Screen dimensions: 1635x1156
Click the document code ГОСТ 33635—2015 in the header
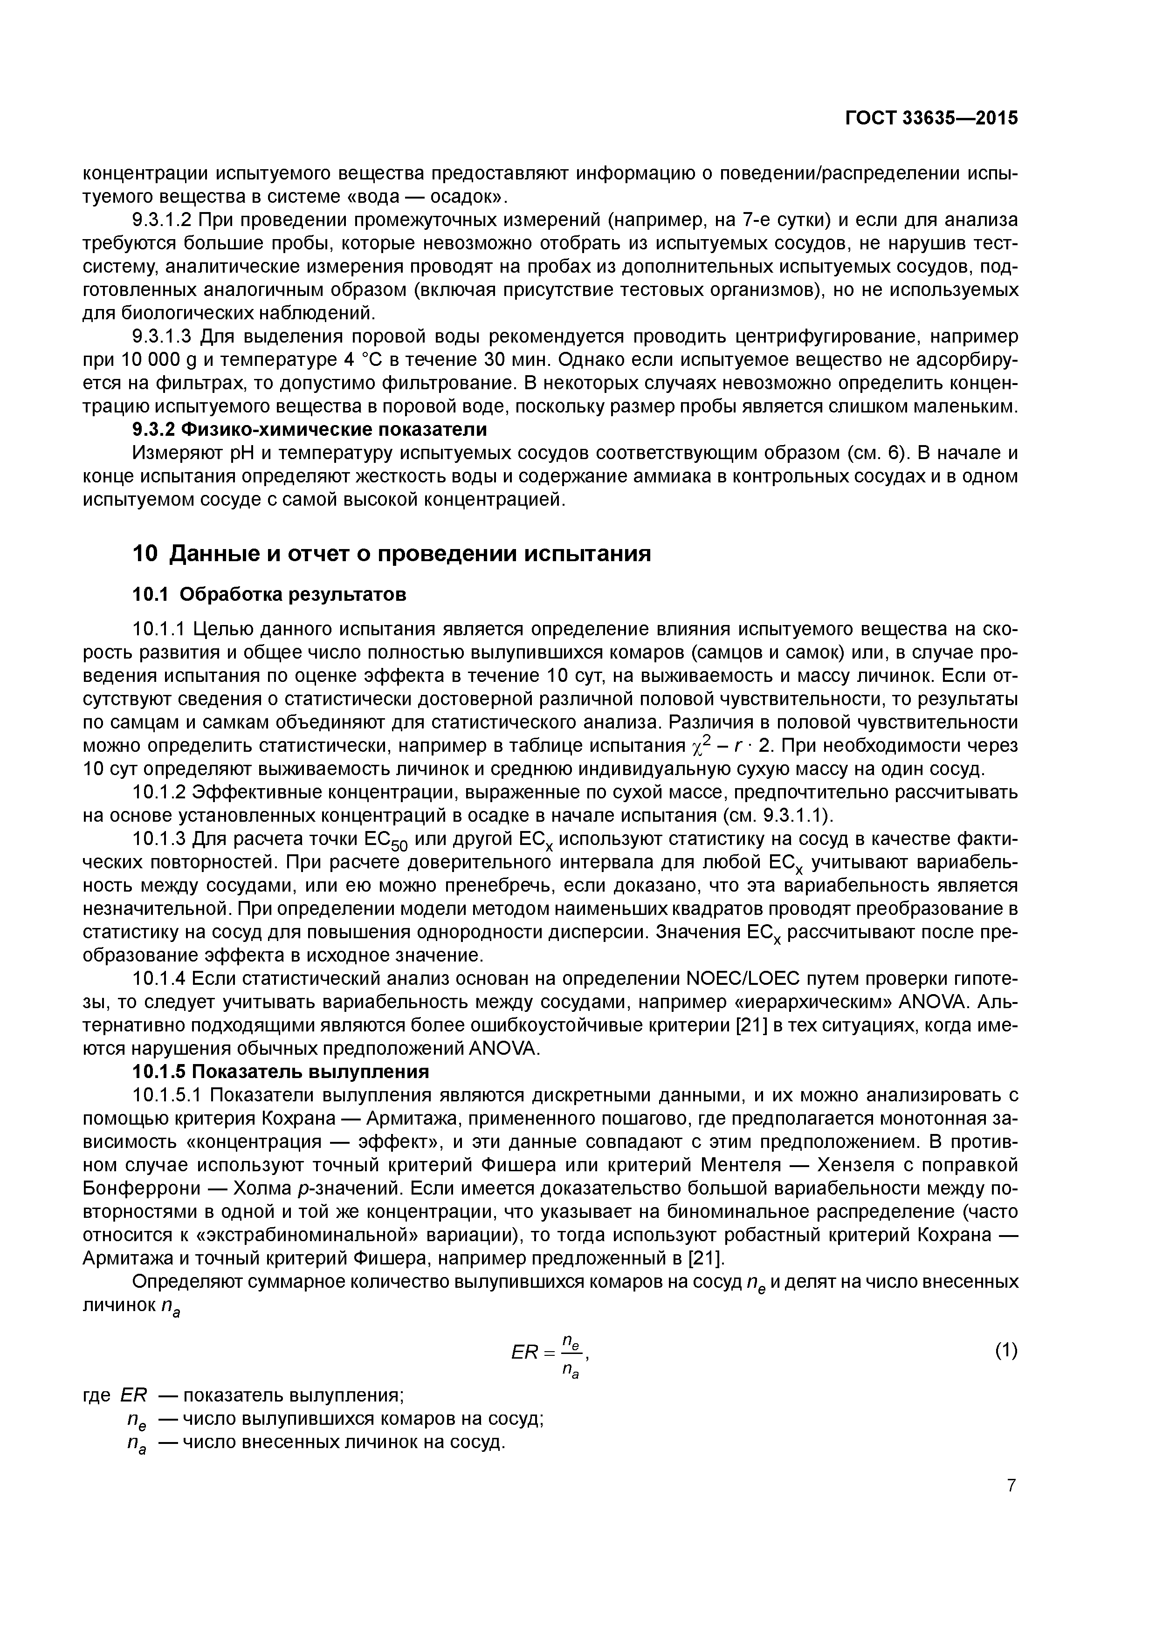click(x=931, y=118)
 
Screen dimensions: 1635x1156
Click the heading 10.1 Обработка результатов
click(x=270, y=594)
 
